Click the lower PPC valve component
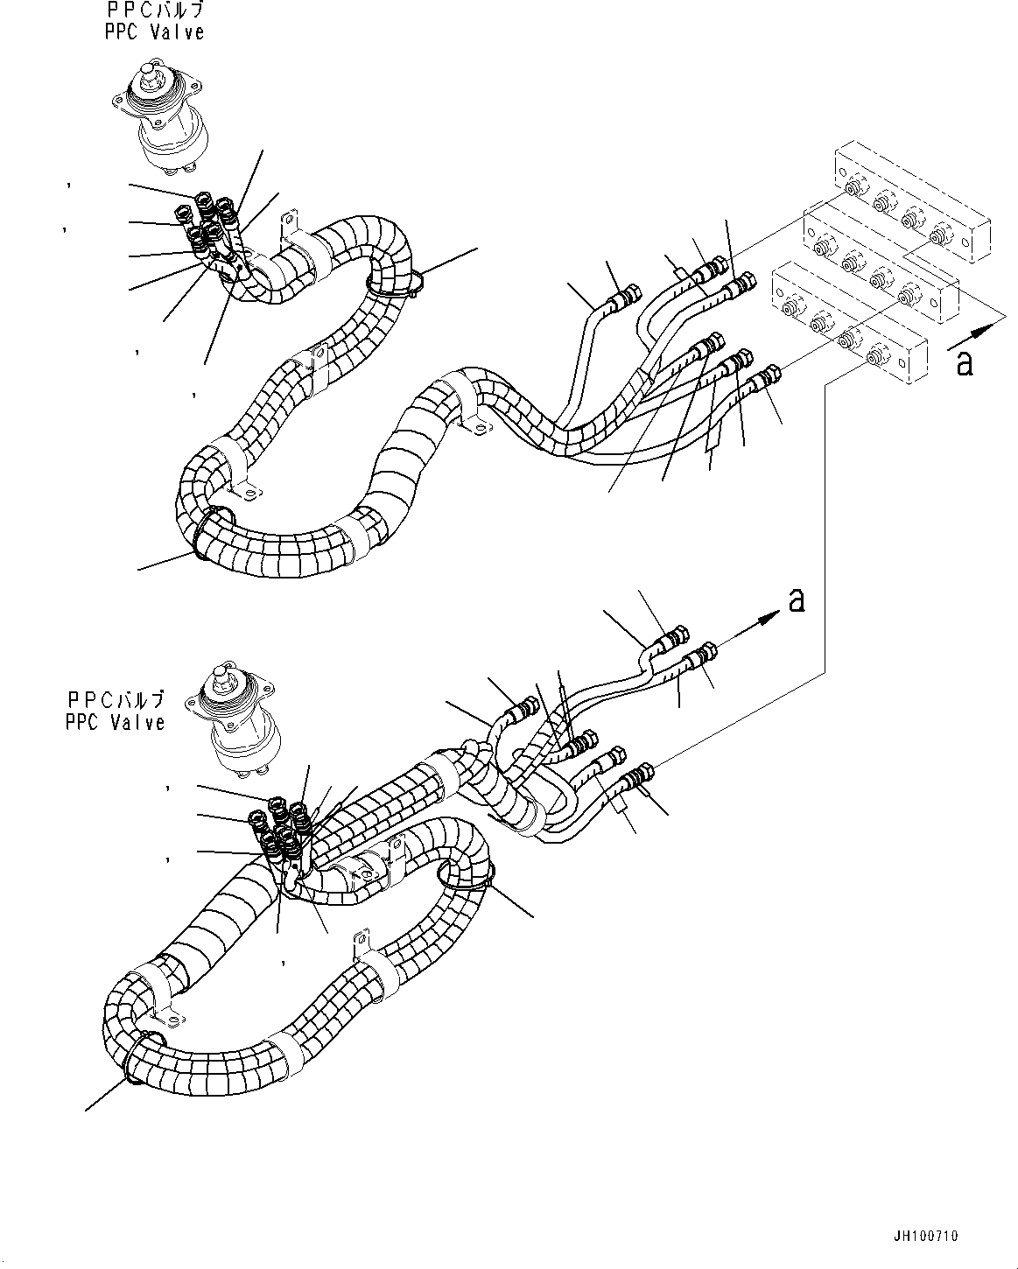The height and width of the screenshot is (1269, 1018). [x=228, y=722]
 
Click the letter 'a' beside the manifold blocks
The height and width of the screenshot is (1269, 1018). [x=965, y=361]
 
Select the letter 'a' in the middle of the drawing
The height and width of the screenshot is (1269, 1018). [x=796, y=599]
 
